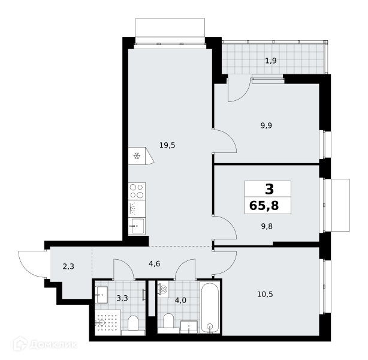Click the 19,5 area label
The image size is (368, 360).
coord(167,145)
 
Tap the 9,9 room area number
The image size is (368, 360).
coord(266,125)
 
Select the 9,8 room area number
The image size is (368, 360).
coord(267,226)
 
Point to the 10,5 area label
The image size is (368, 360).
coord(265,294)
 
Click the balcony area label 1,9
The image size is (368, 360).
coord(271,61)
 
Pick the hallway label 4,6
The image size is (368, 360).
coord(155,264)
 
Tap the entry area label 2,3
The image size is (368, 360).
coord(68,266)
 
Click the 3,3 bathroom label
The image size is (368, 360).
coord(122,298)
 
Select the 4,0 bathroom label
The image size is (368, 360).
coord(180,300)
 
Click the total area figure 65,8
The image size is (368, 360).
coord(264,205)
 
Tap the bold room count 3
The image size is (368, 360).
coord(269,189)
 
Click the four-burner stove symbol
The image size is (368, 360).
coord(137,191)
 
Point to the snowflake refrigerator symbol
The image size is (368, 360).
coord(137,156)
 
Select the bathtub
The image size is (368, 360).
coord(210,307)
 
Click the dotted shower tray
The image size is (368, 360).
coord(108,322)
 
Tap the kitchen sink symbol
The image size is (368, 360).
coord(137,226)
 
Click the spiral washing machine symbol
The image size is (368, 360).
coord(164,290)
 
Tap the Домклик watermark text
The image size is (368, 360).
coord(53,345)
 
